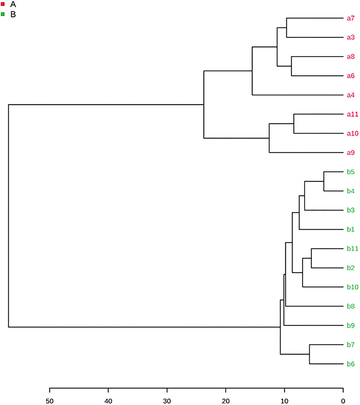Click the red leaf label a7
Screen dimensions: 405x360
(350, 18)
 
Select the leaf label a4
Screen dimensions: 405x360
(350, 95)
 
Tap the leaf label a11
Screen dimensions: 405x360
(352, 114)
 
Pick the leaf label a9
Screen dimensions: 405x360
(350, 153)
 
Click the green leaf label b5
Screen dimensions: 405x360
(350, 172)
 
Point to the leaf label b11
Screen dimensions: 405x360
(352, 249)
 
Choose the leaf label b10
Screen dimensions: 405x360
(352, 287)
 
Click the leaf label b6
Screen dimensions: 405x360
(350, 364)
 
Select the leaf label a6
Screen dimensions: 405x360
(350, 76)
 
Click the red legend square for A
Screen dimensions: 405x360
(3, 5)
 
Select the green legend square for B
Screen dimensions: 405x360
(3, 14)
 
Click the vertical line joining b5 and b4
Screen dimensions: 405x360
(323, 181)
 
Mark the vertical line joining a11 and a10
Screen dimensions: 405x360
(294, 124)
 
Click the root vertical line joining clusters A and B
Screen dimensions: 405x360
(8, 215)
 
